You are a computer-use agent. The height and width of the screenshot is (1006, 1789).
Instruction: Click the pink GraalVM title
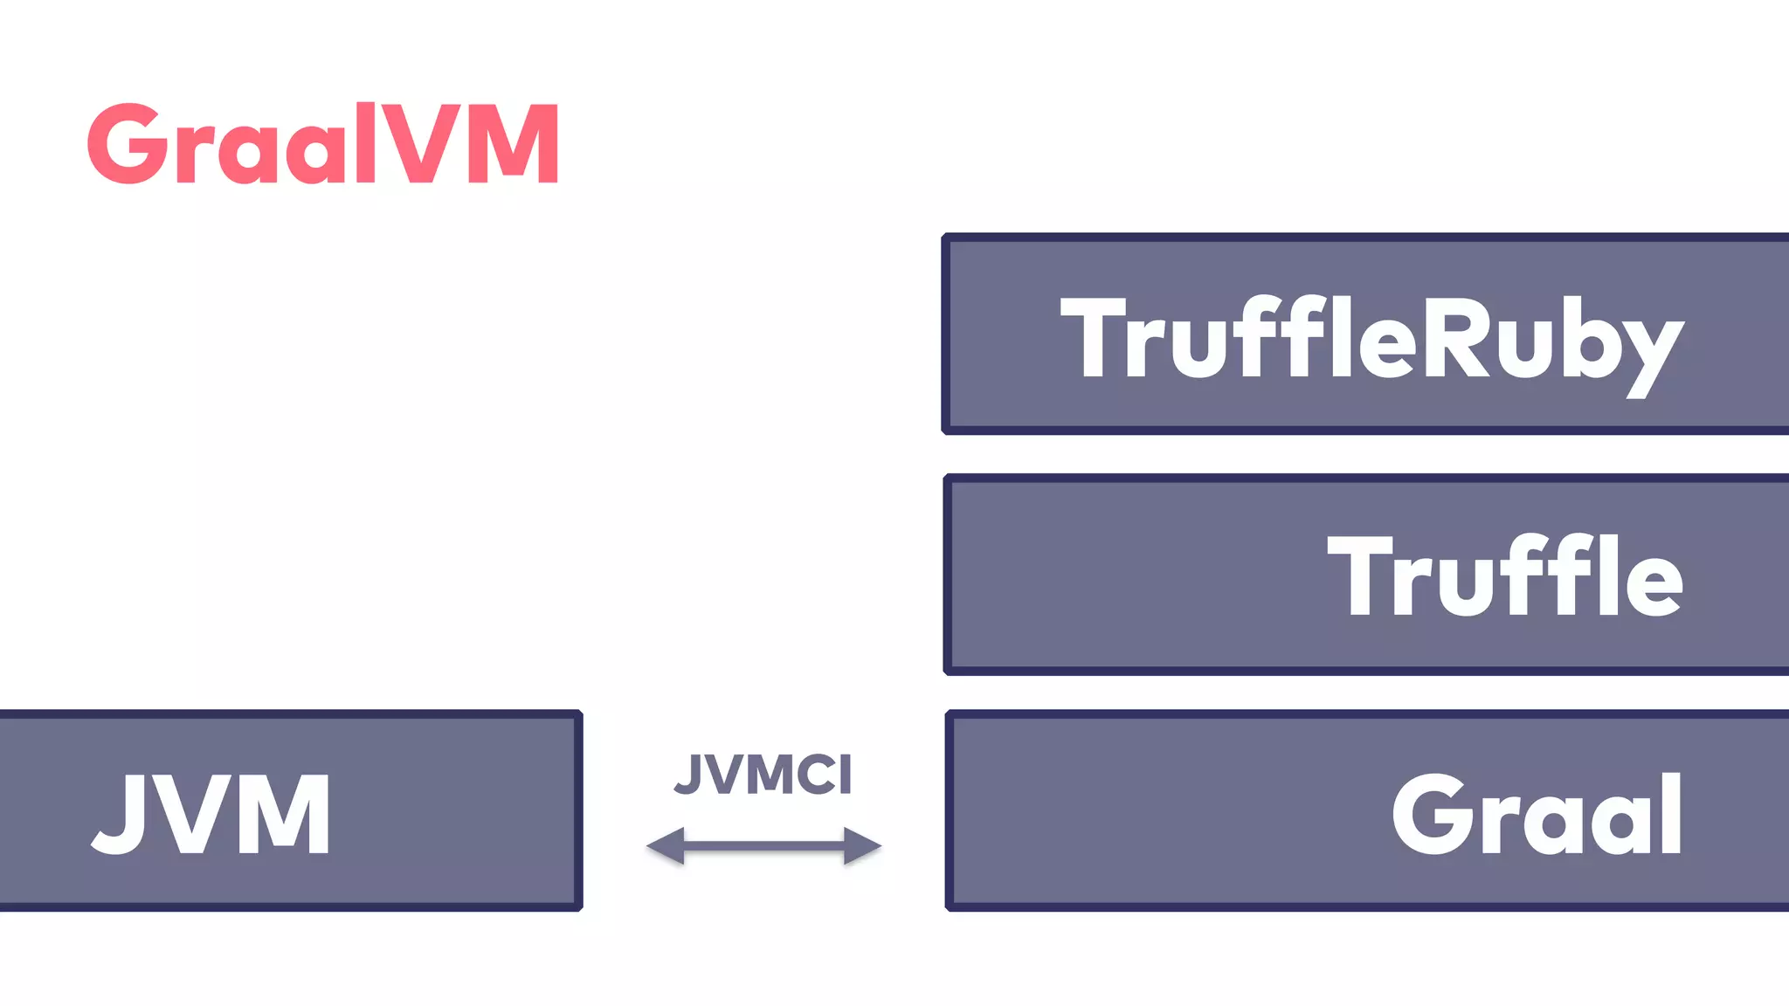click(323, 144)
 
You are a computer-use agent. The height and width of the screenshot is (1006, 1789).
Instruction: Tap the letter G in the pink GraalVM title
click(128, 144)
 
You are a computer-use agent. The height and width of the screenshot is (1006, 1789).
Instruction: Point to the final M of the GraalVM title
click(514, 144)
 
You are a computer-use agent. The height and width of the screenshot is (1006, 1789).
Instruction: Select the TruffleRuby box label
click(1371, 339)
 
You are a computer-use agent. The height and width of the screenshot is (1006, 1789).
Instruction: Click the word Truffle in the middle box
click(1504, 576)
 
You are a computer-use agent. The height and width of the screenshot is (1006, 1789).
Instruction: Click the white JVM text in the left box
click(212, 814)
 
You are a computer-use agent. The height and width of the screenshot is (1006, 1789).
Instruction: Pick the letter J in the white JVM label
click(121, 814)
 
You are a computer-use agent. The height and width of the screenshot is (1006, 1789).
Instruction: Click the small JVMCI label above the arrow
click(763, 774)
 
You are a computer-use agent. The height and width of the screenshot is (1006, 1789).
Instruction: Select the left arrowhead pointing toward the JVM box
click(666, 845)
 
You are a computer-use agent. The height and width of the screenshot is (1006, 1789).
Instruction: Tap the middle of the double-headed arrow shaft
click(764, 845)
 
